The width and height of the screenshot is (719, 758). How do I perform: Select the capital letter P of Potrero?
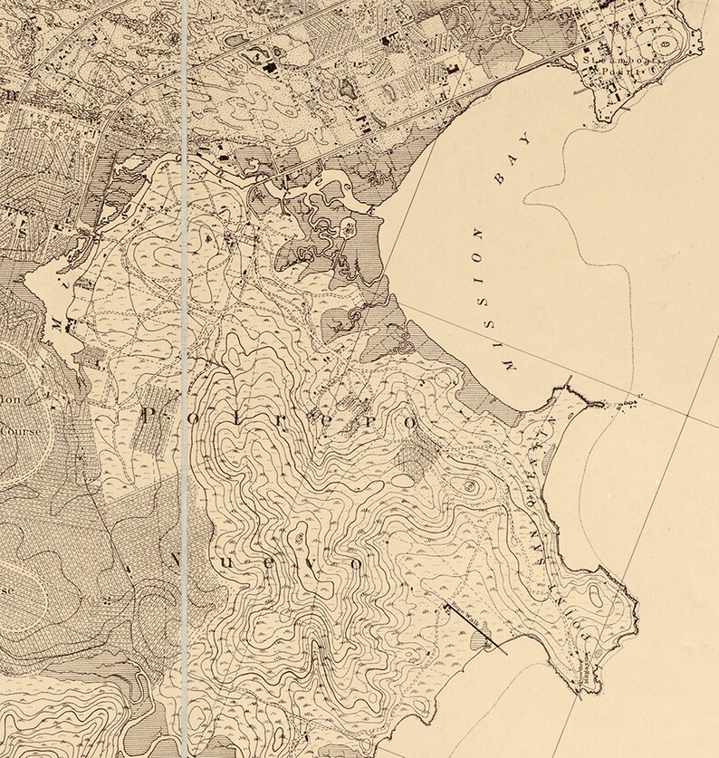(150, 416)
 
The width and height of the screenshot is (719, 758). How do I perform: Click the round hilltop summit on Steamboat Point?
(667, 43)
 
